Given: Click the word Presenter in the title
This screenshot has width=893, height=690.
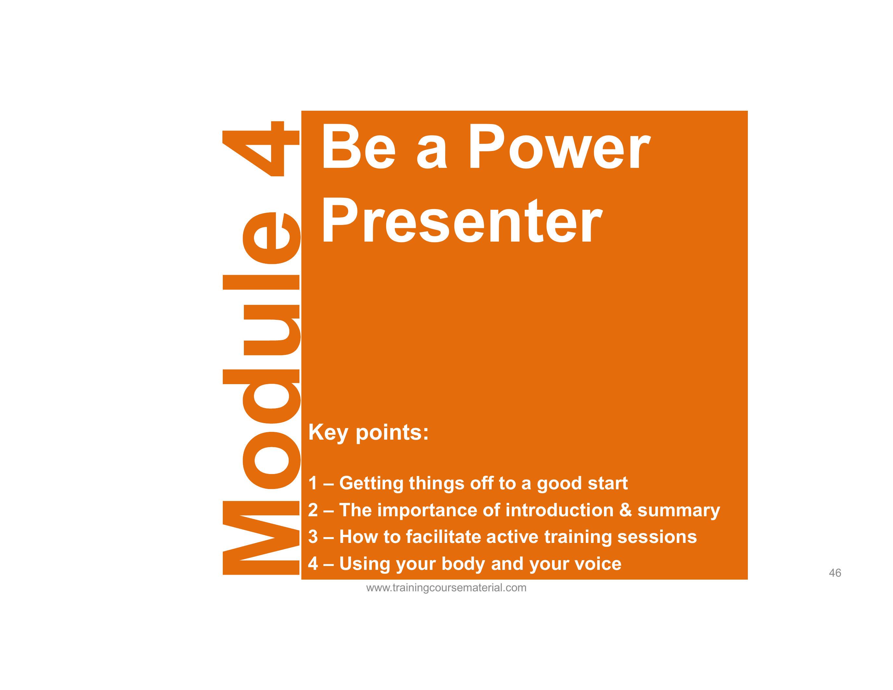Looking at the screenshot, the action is click(x=462, y=221).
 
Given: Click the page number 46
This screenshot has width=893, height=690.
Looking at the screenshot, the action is click(x=835, y=573).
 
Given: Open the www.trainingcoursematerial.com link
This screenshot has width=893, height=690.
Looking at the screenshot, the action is click(x=446, y=588).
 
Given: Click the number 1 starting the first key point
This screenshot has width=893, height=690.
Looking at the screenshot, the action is click(x=313, y=483).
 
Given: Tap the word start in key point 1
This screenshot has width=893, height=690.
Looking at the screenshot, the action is click(x=607, y=483).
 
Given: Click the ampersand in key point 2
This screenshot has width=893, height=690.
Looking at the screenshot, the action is click(x=625, y=510).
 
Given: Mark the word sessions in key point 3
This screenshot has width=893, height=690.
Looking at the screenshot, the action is click(x=657, y=537).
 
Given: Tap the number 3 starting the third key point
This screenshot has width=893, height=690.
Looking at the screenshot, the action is click(x=313, y=537).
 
